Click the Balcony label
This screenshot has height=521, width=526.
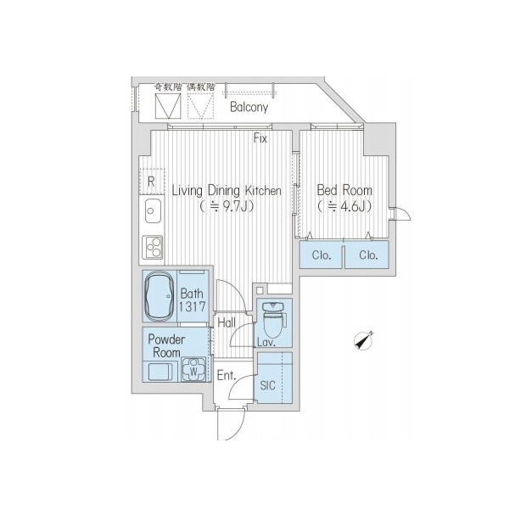point(249,108)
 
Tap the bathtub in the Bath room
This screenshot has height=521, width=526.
point(159,297)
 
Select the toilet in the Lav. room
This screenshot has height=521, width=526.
point(274,319)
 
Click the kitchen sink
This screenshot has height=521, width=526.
point(153,211)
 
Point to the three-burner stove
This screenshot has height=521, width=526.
point(153,247)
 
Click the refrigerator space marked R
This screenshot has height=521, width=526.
point(151,182)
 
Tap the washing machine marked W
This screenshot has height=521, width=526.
point(193,370)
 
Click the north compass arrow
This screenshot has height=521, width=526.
point(364,340)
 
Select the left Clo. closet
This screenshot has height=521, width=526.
point(322,255)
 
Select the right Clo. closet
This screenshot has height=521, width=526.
point(367,255)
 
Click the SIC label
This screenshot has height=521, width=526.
point(268,385)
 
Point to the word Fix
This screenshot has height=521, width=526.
point(260,138)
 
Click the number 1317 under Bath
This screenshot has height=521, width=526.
point(192,306)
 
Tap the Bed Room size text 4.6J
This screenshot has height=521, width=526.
point(344,206)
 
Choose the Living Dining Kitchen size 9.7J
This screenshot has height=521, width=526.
point(226,206)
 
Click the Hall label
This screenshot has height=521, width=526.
point(227,322)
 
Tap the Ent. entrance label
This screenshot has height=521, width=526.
point(227,375)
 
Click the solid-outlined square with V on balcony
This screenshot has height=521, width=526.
point(168,106)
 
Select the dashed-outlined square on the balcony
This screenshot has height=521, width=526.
point(200,106)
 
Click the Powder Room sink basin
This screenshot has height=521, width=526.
point(160,372)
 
